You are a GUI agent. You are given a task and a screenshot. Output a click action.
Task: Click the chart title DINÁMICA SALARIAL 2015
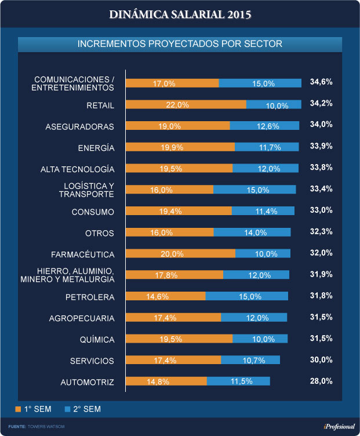pos(180,14)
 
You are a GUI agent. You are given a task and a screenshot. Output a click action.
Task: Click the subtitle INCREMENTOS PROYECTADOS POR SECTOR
pos(180,44)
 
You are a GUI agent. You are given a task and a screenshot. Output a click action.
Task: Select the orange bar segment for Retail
pos(186,105)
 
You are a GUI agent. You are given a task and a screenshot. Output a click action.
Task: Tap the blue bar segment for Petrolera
pos(246,296)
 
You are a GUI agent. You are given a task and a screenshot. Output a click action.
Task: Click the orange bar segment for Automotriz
pos(166,381)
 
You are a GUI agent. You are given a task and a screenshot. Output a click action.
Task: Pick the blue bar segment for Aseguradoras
pos(264,126)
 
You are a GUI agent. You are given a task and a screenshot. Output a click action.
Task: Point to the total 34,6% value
pos(321,82)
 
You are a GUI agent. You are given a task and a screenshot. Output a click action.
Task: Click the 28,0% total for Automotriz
pos(321,381)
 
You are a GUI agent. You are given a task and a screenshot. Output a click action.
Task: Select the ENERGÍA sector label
pos(96,148)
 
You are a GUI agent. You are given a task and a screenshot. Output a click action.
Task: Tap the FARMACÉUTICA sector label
pos(83,255)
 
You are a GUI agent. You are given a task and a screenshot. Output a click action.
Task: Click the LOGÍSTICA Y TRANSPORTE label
pos(86,190)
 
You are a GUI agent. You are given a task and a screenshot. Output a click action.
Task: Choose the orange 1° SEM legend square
pos(18,409)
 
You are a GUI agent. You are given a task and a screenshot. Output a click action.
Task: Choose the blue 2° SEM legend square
pos(67,409)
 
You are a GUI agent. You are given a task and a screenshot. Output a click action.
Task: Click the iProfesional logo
pos(339,427)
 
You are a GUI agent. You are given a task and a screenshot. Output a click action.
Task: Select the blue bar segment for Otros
pos(252,232)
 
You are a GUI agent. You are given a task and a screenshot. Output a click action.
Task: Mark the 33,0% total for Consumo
pos(321,211)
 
